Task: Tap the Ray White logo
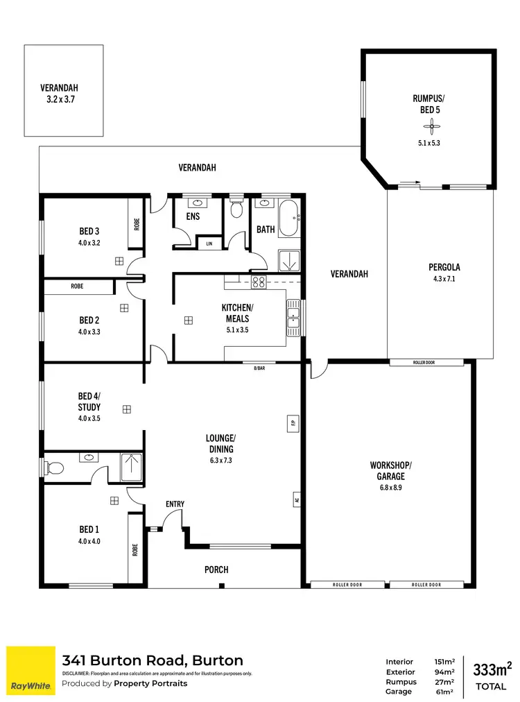[x=31, y=670]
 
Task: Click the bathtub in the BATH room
[x=288, y=219]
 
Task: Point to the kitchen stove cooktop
[x=259, y=282]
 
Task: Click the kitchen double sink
[x=293, y=317]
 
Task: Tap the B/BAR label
[x=259, y=368]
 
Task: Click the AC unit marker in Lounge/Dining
[x=295, y=498]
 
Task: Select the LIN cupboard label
[x=209, y=243]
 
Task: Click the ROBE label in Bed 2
[x=77, y=286]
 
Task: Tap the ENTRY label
[x=174, y=504]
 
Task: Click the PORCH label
[x=216, y=570]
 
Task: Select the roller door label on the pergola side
[x=426, y=363]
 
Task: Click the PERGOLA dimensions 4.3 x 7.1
[x=444, y=279]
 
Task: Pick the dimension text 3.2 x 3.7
[x=59, y=99]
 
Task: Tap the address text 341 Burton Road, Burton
[x=153, y=660]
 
